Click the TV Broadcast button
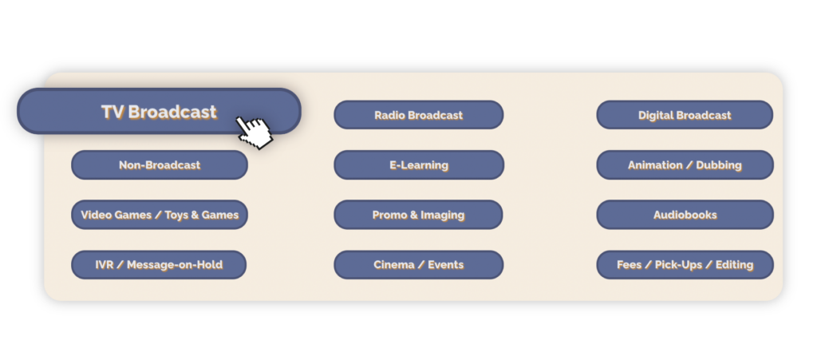click(159, 112)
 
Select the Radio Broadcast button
click(418, 115)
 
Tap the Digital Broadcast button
click(685, 115)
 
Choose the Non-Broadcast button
click(160, 165)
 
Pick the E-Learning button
click(418, 165)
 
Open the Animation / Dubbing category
click(685, 165)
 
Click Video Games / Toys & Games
click(160, 215)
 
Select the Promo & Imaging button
click(418, 215)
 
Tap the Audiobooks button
click(685, 215)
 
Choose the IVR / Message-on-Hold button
click(159, 265)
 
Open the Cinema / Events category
click(418, 265)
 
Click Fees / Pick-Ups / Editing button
click(685, 265)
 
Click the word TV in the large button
click(112, 112)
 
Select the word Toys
click(176, 216)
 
